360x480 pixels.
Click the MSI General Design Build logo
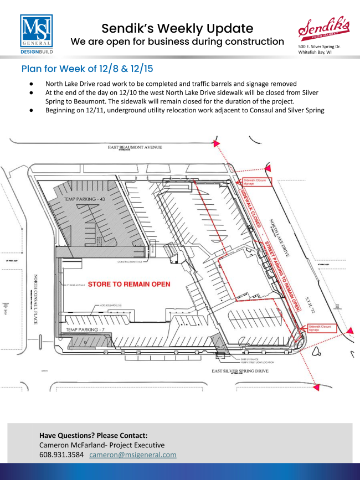point(37,34)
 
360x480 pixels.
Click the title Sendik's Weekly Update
point(177,28)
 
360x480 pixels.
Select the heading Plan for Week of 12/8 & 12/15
point(87,69)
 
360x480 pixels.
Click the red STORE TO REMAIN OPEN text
point(128,283)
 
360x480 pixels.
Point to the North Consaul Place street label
point(35,299)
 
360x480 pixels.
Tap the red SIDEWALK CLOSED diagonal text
point(249,210)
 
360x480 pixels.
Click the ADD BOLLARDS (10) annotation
point(112,305)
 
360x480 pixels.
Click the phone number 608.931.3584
point(61,455)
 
